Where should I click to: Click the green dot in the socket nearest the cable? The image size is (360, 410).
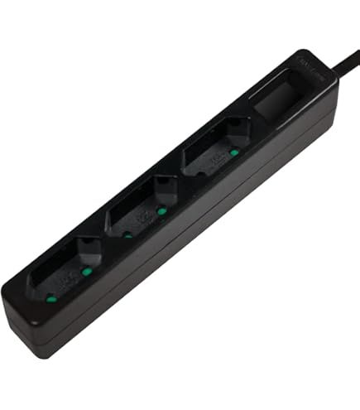point(234,152)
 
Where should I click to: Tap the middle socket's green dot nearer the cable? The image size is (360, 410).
point(162,211)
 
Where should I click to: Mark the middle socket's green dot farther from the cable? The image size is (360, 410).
point(127,235)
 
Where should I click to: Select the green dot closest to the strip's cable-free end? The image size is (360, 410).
point(51,297)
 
